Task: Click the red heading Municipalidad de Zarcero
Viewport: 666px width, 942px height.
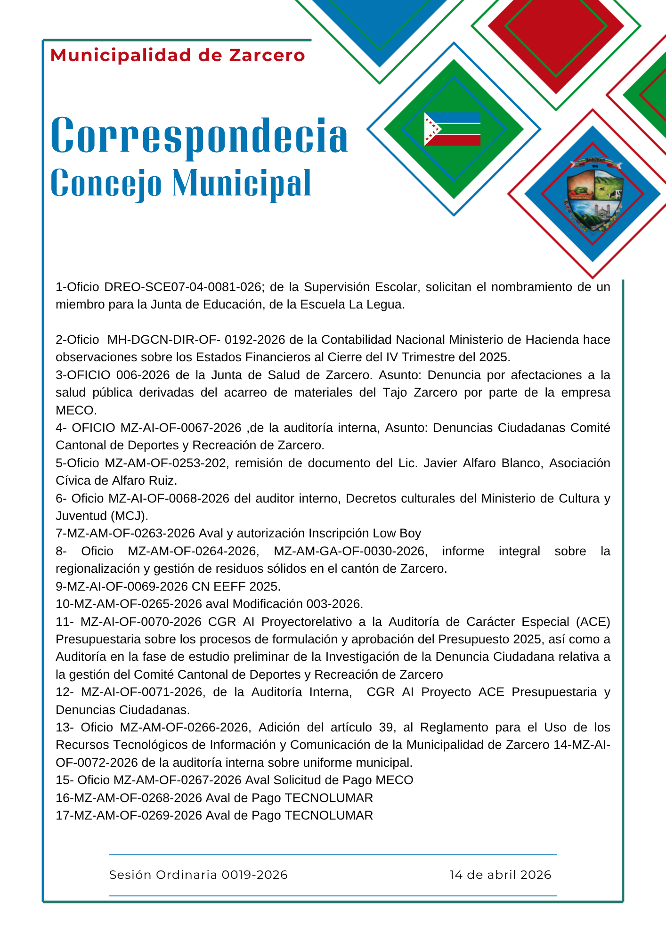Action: [178, 56]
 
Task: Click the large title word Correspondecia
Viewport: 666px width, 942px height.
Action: [199, 136]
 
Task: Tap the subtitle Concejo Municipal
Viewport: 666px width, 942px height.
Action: [181, 183]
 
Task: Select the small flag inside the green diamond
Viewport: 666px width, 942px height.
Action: [452, 129]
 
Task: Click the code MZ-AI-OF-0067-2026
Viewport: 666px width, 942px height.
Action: [181, 428]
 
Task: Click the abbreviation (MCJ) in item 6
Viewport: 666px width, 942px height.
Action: [129, 516]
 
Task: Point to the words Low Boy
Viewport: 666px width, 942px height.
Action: [397, 533]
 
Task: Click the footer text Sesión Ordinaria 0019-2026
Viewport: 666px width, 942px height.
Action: [198, 875]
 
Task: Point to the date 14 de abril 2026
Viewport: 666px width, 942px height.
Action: [500, 875]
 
